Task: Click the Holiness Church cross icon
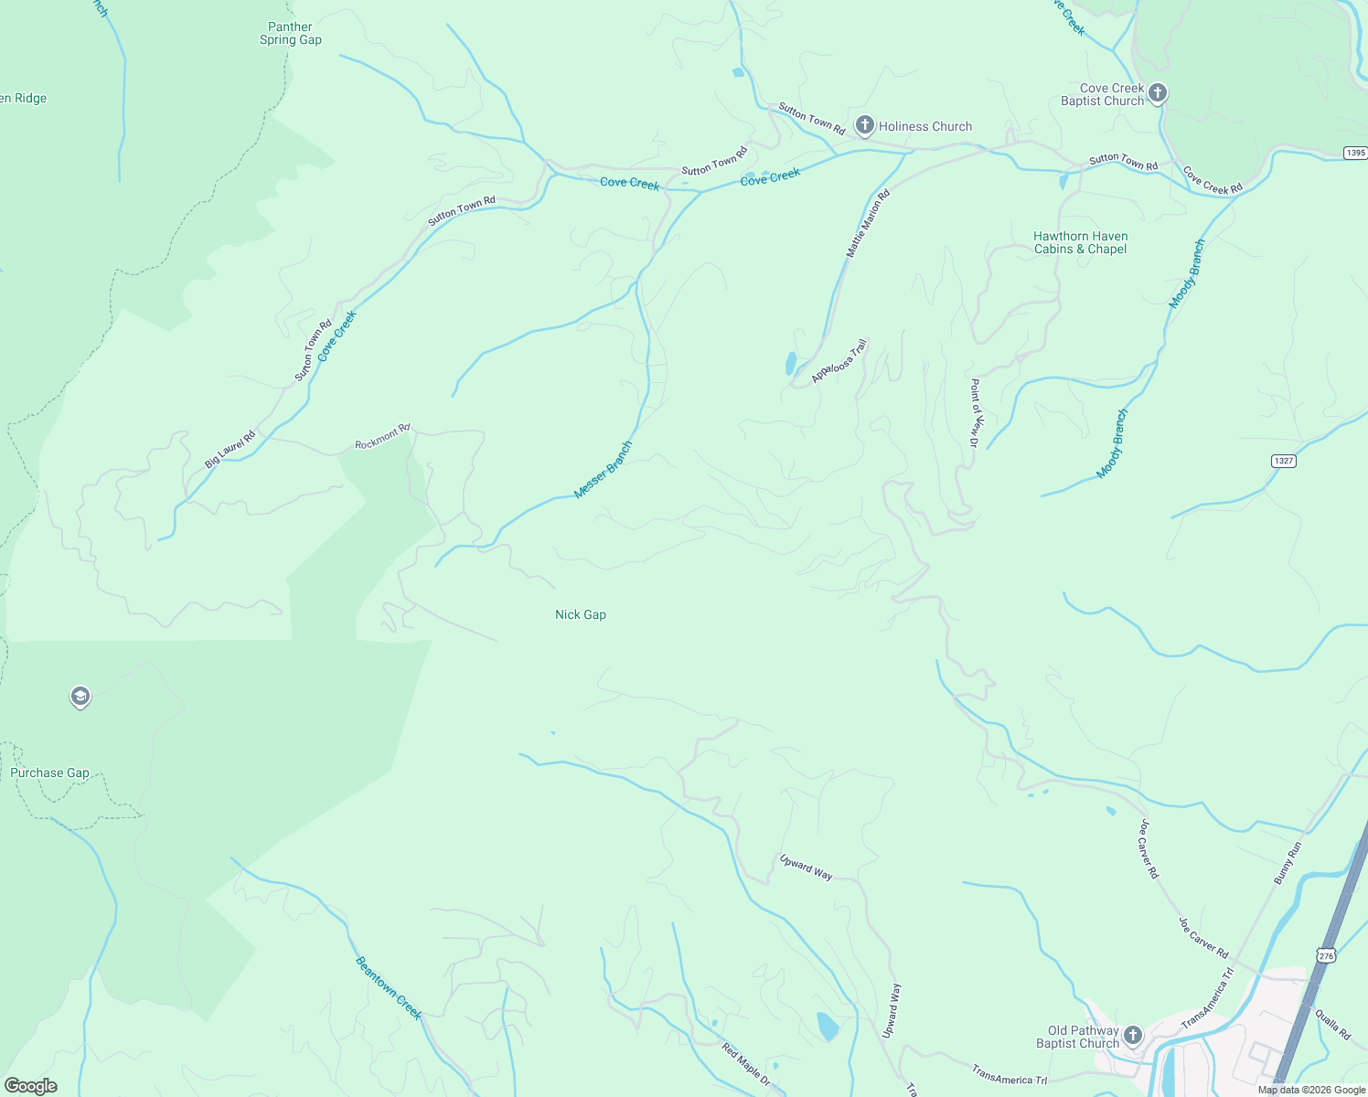point(864,125)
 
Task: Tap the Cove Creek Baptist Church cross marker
point(1157,93)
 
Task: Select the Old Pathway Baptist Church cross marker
point(1132,1036)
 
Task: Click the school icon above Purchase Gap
point(80,697)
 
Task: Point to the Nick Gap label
point(581,615)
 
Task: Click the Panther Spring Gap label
point(291,34)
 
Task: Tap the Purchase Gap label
point(50,773)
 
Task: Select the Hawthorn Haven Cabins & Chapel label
point(1080,243)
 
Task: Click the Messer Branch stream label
point(603,470)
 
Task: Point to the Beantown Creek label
point(389,988)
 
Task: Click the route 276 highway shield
point(1327,955)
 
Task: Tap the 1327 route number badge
point(1283,461)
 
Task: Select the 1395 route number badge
point(1355,153)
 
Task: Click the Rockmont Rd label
point(382,437)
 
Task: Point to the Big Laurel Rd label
point(230,450)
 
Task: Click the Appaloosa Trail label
point(839,362)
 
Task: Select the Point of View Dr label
point(975,412)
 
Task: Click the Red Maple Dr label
point(746,1066)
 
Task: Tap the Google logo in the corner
point(31,1086)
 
